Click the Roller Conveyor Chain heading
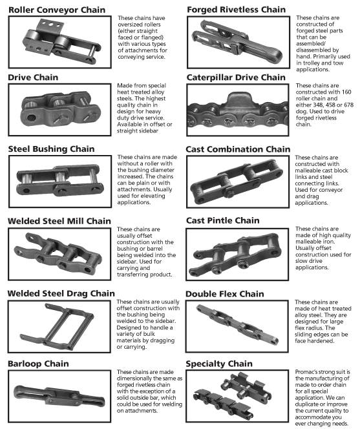coord(57,10)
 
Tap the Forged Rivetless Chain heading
coord(236,10)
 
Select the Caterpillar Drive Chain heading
coord(236,78)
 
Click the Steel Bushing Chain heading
coord(51,149)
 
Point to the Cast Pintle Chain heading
coord(222,220)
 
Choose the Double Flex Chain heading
coord(224,294)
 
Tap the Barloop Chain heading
coord(38,364)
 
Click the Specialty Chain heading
coord(219,364)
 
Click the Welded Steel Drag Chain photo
coord(59,327)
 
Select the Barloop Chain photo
coord(59,396)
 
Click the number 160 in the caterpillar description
coord(346,92)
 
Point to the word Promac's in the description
coord(306,372)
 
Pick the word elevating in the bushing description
coord(152,196)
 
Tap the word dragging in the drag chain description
coord(162,340)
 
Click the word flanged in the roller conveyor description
coord(153,37)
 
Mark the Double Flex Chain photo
coord(237,326)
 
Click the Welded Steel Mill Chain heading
coord(59,221)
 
